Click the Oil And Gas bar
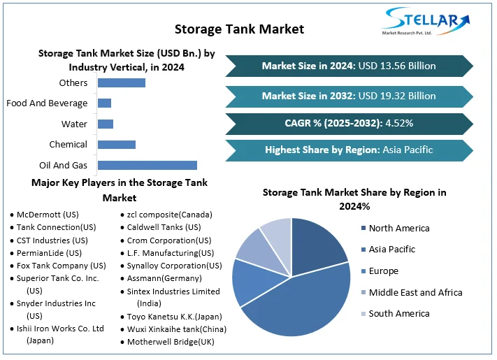pyautogui.click(x=147, y=165)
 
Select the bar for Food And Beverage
pyautogui.click(x=104, y=103)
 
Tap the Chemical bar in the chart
pyautogui.click(x=116, y=145)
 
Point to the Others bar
pyautogui.click(x=121, y=83)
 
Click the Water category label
pyautogui.click(x=74, y=124)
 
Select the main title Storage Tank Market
pyautogui.click(x=239, y=29)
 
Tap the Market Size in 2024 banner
pyautogui.click(x=349, y=66)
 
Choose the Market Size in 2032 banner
pyautogui.click(x=349, y=96)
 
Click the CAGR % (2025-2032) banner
pyautogui.click(x=349, y=123)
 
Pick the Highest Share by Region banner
pyautogui.click(x=349, y=150)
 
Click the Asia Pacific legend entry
pyautogui.click(x=391, y=249)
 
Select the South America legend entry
pyautogui.click(x=398, y=313)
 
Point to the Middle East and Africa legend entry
pyautogui.click(x=415, y=292)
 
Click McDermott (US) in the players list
pyautogui.click(x=48, y=215)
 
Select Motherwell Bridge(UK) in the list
pyautogui.click(x=171, y=342)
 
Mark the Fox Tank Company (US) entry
pyautogui.click(x=61, y=266)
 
